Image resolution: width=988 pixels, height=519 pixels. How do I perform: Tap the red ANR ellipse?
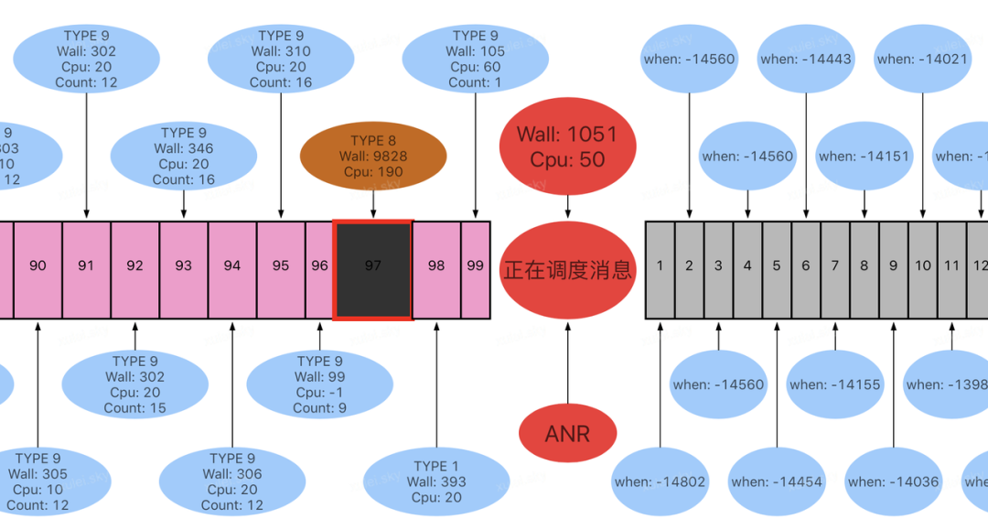567,433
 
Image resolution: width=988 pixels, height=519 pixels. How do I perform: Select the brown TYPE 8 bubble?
373,156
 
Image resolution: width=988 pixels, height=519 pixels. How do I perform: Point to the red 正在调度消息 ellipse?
567,270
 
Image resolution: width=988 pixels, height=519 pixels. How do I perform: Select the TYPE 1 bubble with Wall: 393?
436,481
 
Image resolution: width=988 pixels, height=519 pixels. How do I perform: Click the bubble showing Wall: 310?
281,59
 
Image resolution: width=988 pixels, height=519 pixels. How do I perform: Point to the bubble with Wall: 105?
476,59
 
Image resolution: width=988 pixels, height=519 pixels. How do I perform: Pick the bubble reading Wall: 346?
184,157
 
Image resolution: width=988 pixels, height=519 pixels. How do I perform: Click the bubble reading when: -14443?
806,59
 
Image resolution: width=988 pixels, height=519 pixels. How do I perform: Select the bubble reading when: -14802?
660,481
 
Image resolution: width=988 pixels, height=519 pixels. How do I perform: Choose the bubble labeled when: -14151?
864,157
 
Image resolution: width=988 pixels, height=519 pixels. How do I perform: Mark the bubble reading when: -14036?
893,481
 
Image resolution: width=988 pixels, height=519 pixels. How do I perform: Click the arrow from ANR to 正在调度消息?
567,362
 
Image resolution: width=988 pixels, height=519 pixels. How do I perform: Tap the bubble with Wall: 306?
231,481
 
